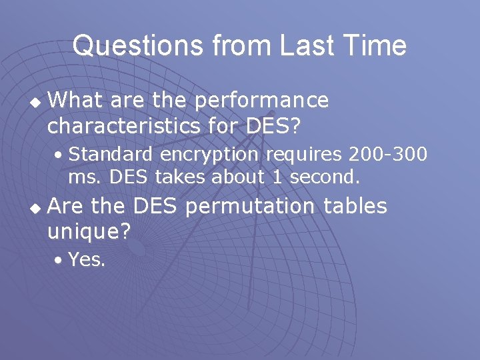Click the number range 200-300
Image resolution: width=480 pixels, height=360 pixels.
[x=387, y=154]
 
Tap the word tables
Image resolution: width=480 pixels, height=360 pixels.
[x=355, y=207]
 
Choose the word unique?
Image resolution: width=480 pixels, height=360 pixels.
[x=89, y=231]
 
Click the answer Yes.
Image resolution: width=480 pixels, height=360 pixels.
[x=87, y=260]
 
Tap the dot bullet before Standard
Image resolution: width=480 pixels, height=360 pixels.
[x=60, y=155]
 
